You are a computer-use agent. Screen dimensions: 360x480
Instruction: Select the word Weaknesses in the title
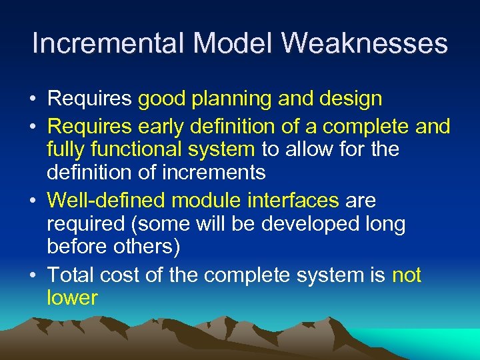click(x=365, y=44)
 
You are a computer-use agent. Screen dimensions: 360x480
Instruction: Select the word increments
click(x=218, y=173)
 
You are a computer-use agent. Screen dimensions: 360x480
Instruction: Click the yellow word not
click(x=407, y=274)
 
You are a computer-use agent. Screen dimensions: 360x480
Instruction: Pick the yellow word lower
click(x=72, y=298)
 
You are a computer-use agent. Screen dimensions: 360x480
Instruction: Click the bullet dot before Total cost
click(x=32, y=275)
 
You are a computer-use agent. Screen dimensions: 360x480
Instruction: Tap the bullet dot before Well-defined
click(x=32, y=201)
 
